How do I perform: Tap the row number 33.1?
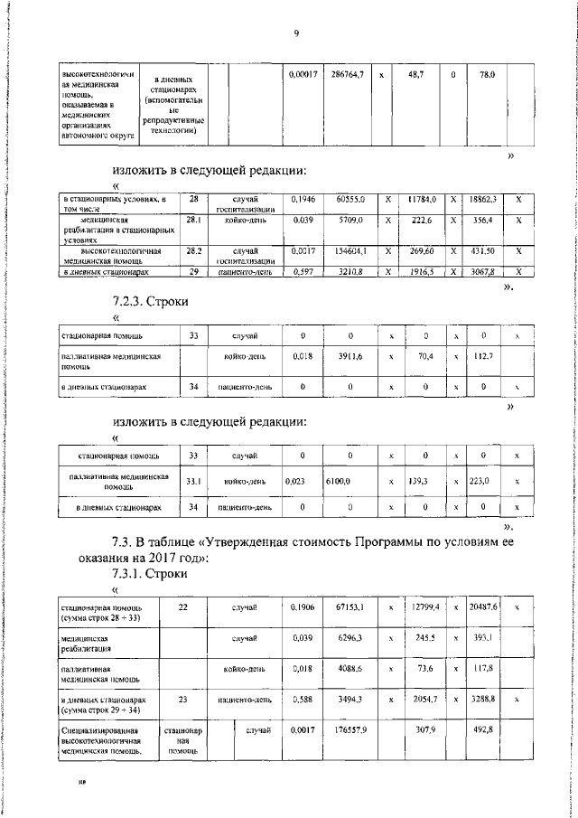[192, 482]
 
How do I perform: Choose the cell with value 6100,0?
[339, 482]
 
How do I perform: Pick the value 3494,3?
[350, 700]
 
